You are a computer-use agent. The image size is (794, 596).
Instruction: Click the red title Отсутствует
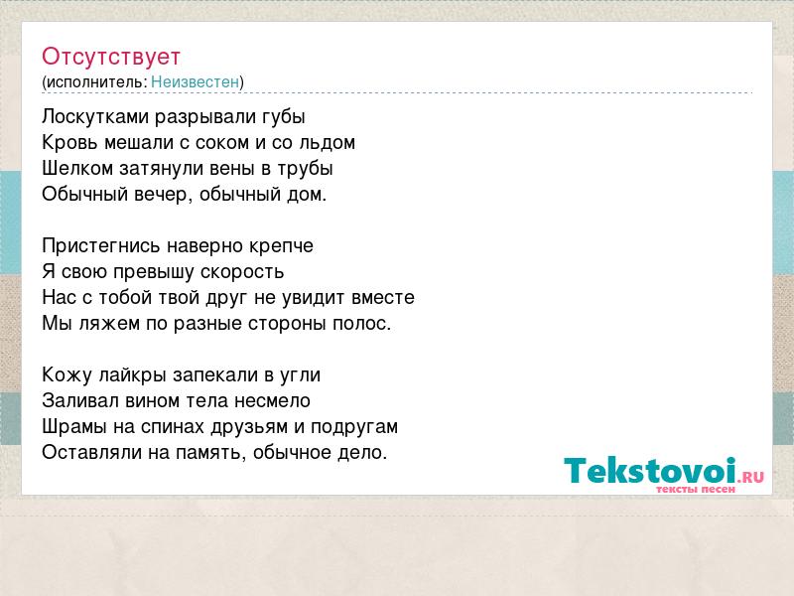[111, 57]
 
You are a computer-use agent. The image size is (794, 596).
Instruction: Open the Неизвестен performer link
[195, 82]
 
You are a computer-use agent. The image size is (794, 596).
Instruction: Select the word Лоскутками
[95, 117]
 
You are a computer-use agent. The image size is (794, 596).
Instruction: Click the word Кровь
[69, 143]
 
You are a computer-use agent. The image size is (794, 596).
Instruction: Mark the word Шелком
[77, 169]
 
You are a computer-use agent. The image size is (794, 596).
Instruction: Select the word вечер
[160, 195]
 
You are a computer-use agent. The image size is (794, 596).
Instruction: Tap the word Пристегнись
[101, 246]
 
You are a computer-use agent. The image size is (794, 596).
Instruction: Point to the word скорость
[242, 272]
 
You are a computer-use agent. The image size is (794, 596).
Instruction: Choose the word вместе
[383, 297]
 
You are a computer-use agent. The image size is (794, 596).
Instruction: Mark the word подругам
[354, 428]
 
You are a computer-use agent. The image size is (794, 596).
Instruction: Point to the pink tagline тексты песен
[696, 490]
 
